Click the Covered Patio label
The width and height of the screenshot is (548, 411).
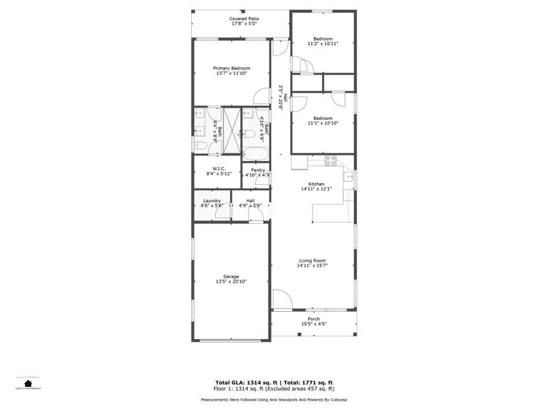coord(244,18)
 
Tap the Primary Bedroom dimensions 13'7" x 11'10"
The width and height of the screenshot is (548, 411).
coord(232,74)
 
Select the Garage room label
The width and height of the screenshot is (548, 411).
coord(231,276)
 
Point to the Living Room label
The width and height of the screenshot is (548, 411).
coord(312,260)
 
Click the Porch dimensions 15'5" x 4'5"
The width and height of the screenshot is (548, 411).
coord(314,324)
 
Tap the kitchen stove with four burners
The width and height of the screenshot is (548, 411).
coord(330,161)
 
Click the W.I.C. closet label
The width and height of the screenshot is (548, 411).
coord(219,169)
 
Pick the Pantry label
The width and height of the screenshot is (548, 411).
coord(258,170)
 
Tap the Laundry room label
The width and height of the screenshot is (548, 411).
coord(212,201)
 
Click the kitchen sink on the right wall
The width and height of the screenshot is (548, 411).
coord(348,178)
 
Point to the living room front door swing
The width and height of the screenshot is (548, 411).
coord(281,298)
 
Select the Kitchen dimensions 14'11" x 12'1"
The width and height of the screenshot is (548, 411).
coord(316,189)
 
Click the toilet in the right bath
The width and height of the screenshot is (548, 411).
coord(251,134)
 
